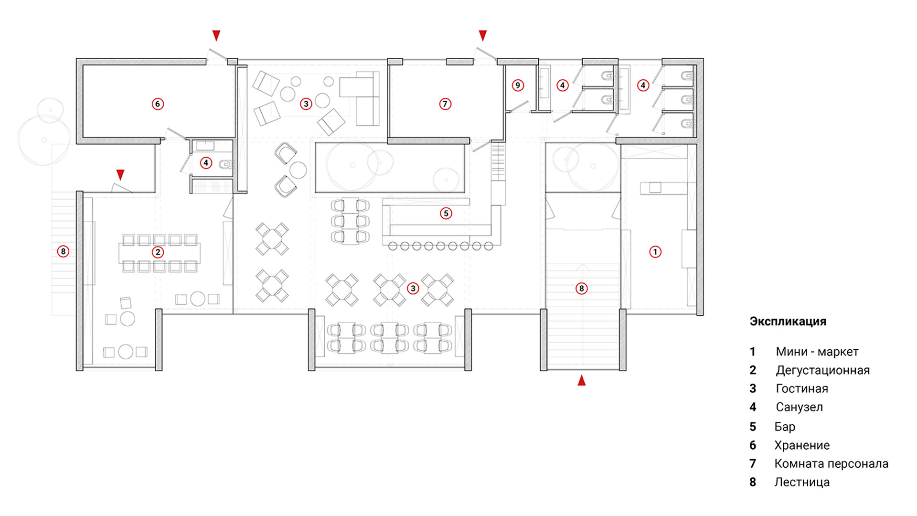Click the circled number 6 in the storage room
click(158, 104)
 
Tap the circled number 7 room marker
click(445, 104)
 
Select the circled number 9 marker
click(518, 86)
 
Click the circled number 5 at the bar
click(446, 213)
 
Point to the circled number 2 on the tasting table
click(158, 252)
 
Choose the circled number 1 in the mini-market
click(655, 252)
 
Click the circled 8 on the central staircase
click(581, 288)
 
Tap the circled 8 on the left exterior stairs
click(63, 251)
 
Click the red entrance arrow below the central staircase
click(582, 380)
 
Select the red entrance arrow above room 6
click(216, 35)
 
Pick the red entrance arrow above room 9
click(483, 35)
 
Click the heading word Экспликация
click(788, 322)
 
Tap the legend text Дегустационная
click(823, 370)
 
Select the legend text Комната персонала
click(832, 463)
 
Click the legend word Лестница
click(802, 482)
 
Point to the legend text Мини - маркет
click(817, 352)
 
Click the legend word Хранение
click(802, 445)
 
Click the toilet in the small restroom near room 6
click(225, 165)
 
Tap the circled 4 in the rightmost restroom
click(643, 86)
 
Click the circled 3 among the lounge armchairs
click(306, 104)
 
